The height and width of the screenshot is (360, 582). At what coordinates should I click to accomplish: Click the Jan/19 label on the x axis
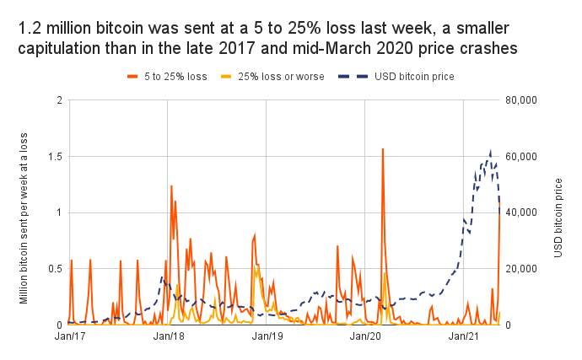click(x=267, y=337)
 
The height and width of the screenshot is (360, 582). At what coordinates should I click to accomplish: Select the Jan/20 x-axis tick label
click(x=365, y=337)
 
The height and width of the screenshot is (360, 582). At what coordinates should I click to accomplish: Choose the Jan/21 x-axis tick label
click(x=465, y=337)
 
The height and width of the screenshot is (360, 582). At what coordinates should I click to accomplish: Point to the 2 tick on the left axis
click(x=58, y=100)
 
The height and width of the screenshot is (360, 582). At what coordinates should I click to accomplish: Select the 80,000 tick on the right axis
click(x=525, y=100)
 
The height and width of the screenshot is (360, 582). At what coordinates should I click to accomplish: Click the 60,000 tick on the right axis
click(x=525, y=157)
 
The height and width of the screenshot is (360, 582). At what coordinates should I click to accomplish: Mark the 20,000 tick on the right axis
click(x=525, y=269)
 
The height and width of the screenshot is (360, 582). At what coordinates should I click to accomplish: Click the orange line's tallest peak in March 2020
click(x=383, y=149)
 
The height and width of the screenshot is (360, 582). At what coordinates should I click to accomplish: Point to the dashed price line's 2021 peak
click(x=490, y=153)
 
